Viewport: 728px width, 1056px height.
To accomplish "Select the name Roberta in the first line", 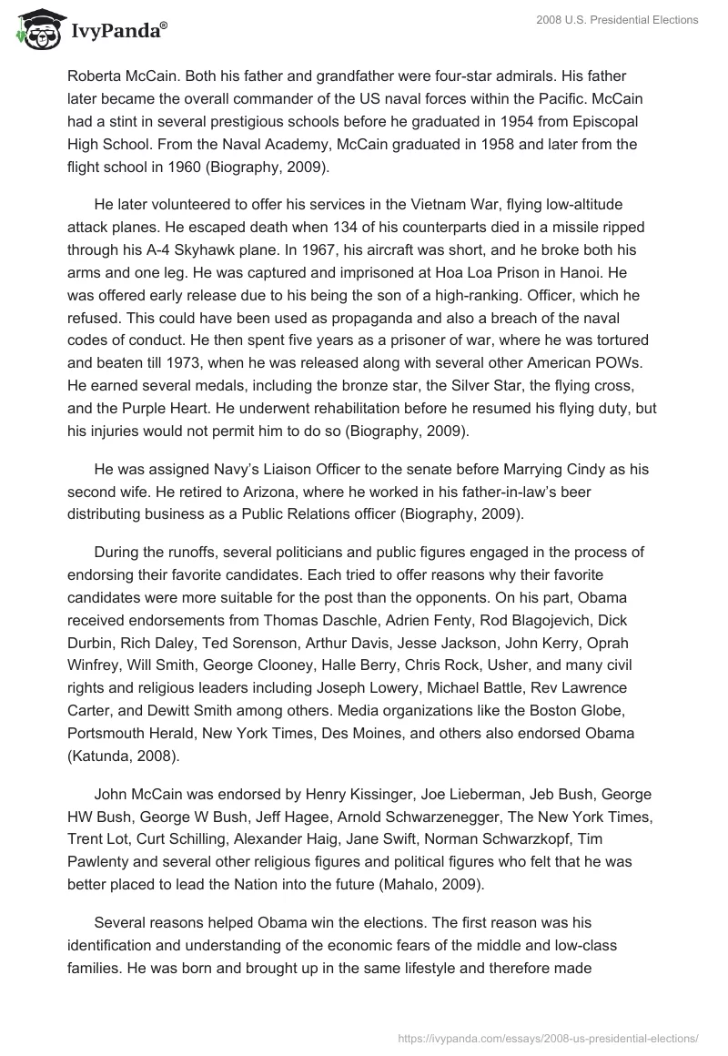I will click(x=96, y=76).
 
